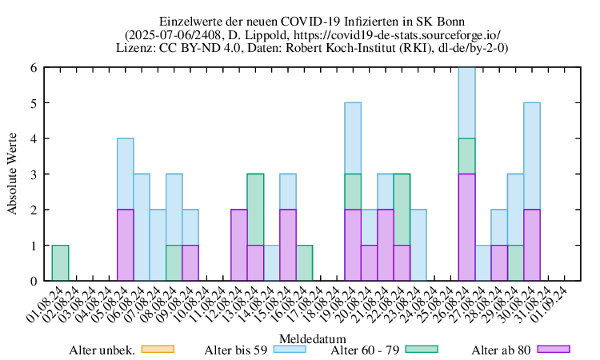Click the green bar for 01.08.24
click(x=60, y=263)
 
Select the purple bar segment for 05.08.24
click(x=126, y=246)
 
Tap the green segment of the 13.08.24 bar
click(x=256, y=210)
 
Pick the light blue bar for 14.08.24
click(x=272, y=263)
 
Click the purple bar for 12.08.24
click(x=239, y=246)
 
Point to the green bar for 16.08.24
click(x=305, y=263)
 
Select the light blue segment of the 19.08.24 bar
click(x=354, y=138)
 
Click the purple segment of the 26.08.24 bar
click(x=467, y=227)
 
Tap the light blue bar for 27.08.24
click(x=484, y=263)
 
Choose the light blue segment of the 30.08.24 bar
click(x=533, y=156)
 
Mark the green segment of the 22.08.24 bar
click(x=402, y=210)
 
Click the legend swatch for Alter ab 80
click(x=554, y=349)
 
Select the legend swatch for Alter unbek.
click(x=157, y=349)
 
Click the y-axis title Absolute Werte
click(x=14, y=174)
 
